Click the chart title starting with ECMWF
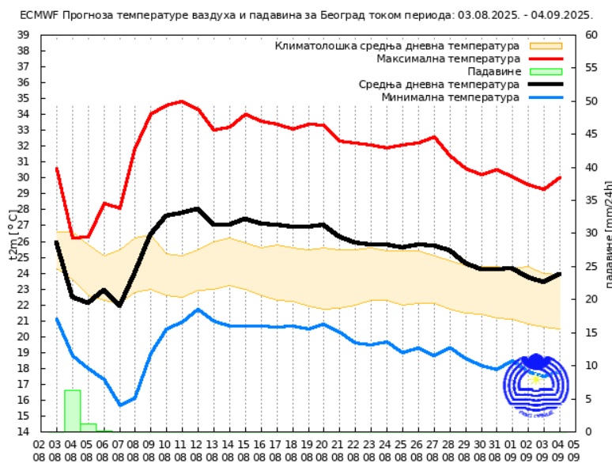click(306, 14)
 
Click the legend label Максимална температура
click(448, 59)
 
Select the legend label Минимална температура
click(451, 97)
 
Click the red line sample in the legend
click(546, 59)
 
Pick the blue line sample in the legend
click(546, 97)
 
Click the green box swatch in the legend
click(546, 71)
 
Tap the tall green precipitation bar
click(72, 411)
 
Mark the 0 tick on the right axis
click(589, 432)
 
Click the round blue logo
click(536, 386)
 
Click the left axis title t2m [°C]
click(13, 234)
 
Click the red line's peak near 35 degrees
click(182, 101)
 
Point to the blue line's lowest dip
click(120, 405)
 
